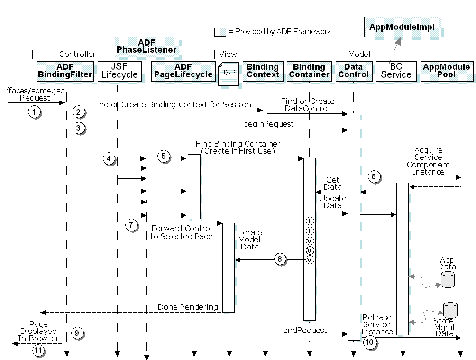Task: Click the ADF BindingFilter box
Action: pos(64,71)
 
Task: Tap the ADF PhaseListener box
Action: pos(146,46)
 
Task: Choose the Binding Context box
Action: pos(263,71)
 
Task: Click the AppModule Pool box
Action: pos(446,71)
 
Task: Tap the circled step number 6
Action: pos(373,177)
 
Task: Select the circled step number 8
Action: pos(280,259)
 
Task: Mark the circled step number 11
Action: pos(38,351)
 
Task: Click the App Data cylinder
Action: pos(448,279)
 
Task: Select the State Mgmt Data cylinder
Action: pos(450,310)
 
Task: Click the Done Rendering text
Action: pos(187,307)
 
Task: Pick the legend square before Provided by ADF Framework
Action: pos(220,32)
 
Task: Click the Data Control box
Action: pos(353,71)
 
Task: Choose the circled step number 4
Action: pos(109,158)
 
